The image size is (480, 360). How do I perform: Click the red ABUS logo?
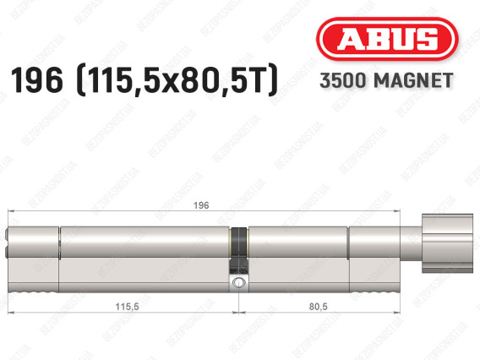387,39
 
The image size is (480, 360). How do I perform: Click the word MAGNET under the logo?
413,80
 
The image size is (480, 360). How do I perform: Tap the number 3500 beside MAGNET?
343,80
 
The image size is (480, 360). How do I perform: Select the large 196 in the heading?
36,80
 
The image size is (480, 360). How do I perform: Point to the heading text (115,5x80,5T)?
177,81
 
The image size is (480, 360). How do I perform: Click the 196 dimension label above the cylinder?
201,205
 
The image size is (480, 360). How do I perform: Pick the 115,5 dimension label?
127,306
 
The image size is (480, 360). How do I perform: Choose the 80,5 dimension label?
318,306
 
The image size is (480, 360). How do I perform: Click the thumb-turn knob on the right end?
447,243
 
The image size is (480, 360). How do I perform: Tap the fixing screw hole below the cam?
238,282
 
